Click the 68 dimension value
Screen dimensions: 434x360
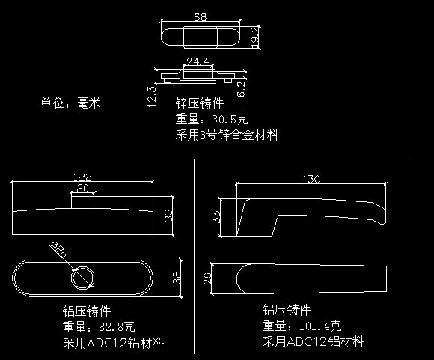click(200, 17)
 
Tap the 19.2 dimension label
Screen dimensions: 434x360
click(255, 37)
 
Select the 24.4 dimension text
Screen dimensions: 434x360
click(198, 61)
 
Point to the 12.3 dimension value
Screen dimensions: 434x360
click(152, 97)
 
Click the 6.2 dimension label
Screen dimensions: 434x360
click(242, 88)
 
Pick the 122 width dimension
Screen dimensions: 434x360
click(82, 177)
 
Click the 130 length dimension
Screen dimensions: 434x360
click(311, 179)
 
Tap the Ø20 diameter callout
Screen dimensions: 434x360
click(59, 249)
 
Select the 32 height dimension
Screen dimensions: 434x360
click(177, 278)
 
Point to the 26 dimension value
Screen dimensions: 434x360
click(207, 278)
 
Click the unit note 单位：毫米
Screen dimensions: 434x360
click(70, 103)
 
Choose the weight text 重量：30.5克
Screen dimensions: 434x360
click(212, 119)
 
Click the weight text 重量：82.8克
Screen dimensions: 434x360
click(99, 326)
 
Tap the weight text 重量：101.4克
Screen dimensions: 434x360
click(302, 326)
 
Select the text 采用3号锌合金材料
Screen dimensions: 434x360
click(227, 135)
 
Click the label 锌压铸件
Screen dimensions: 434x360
click(200, 103)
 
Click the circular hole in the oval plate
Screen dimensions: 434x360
click(82, 278)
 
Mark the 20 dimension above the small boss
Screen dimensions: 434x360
click(82, 189)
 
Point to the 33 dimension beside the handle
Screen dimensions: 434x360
click(216, 217)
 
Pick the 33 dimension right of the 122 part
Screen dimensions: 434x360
click(168, 216)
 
